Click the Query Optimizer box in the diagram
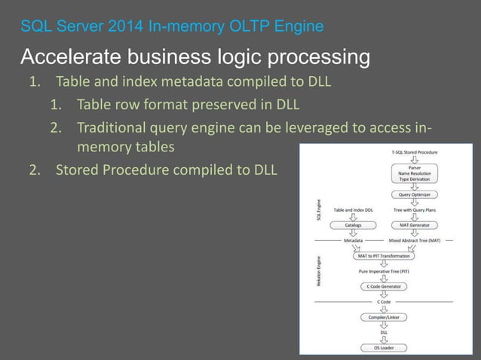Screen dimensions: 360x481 [x=414, y=194]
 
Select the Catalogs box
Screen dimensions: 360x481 [x=353, y=224]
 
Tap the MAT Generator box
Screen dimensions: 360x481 [x=414, y=224]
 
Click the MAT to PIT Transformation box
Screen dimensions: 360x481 [x=384, y=256]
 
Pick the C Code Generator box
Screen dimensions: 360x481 [x=384, y=286]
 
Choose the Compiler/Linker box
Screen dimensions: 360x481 [x=384, y=317]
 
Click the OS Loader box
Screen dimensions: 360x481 [x=384, y=347]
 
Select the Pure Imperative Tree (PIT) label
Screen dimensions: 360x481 [x=384, y=271]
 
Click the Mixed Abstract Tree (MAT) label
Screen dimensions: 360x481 [x=415, y=240]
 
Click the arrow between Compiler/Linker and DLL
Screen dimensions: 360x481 [x=384, y=325]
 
